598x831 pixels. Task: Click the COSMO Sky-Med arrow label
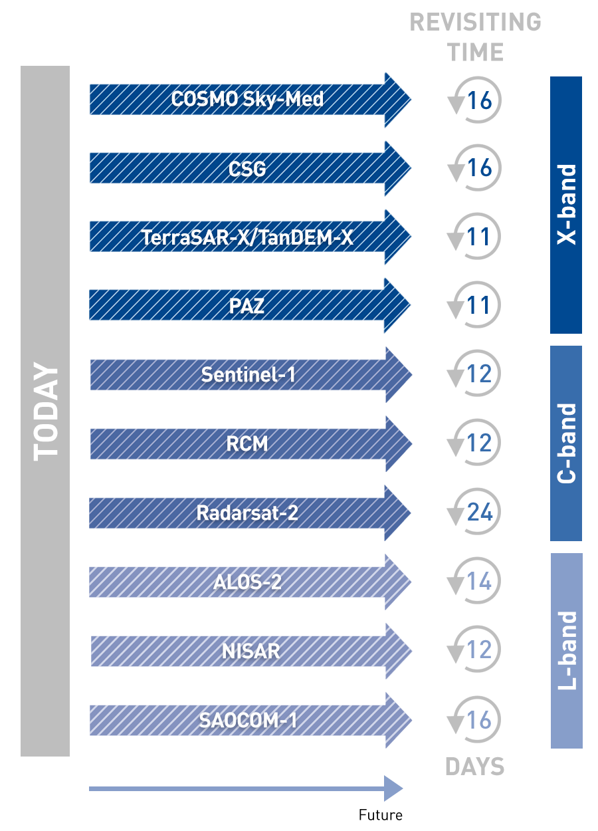(247, 100)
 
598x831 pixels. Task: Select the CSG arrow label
(247, 169)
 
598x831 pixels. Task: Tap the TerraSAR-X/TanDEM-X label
(247, 237)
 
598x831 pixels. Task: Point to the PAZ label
(247, 306)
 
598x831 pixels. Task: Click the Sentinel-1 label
(248, 375)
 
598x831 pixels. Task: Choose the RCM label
(247, 444)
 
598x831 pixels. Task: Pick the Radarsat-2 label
(247, 513)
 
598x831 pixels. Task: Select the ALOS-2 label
(247, 582)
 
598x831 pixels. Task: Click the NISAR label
(250, 651)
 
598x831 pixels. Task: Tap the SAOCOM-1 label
(248, 720)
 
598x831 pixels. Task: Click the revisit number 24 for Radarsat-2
(479, 513)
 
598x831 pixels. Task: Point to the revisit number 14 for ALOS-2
(479, 582)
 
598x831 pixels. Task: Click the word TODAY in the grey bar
(46, 412)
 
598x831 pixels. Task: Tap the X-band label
(567, 205)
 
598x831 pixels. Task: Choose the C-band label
(567, 443)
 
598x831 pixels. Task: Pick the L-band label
(567, 650)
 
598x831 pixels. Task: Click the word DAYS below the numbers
(474, 767)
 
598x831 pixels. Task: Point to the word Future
(380, 815)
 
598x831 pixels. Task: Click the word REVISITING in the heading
(475, 23)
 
